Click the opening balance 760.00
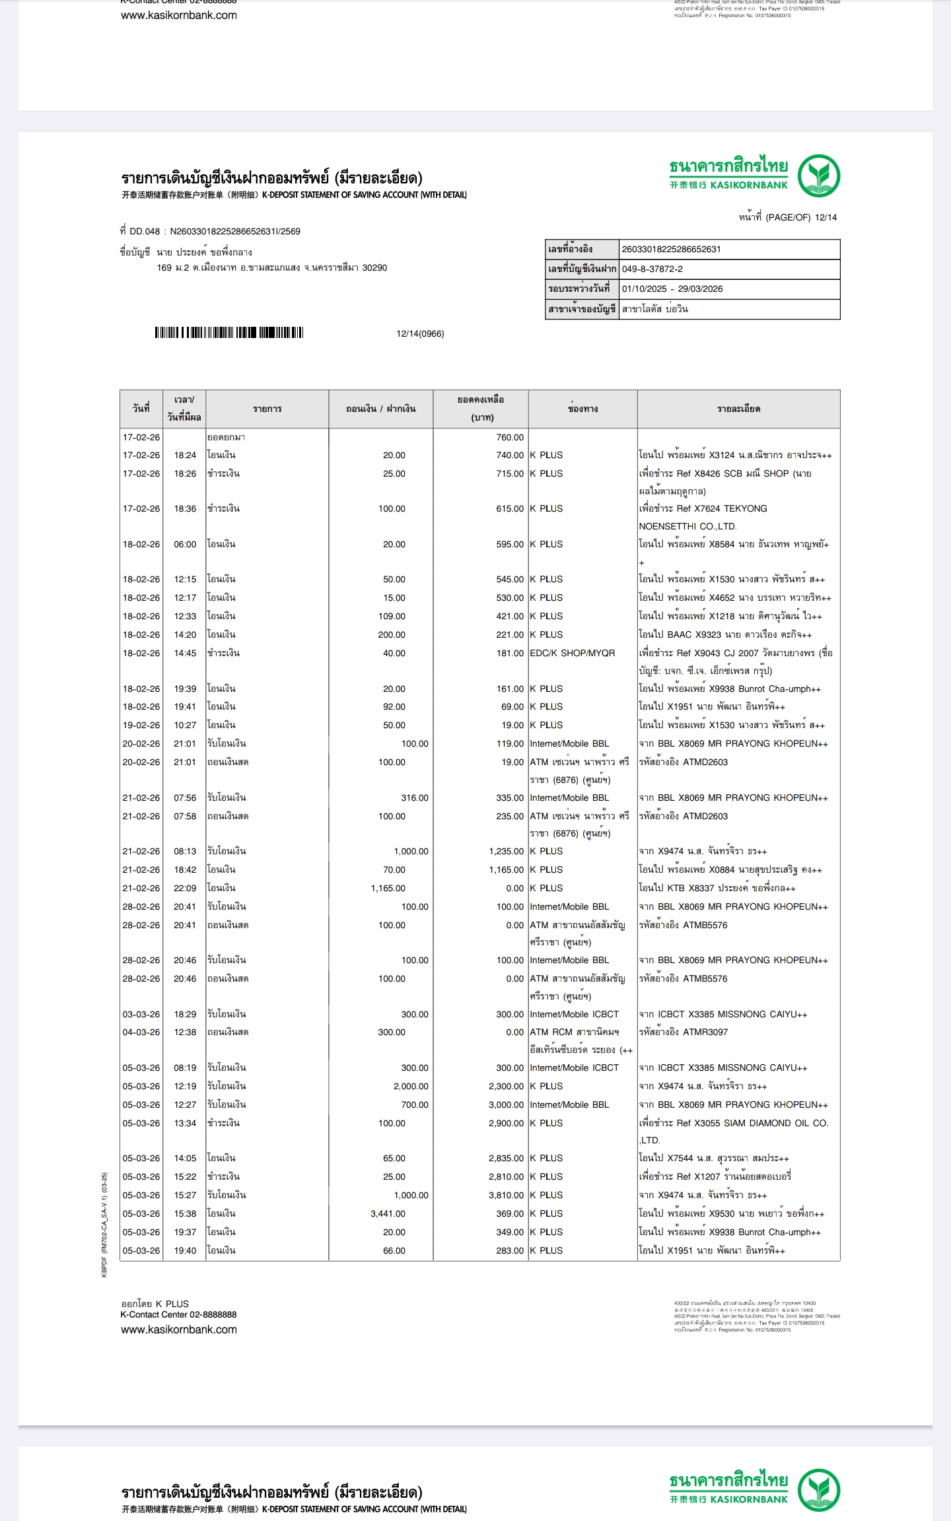tap(510, 437)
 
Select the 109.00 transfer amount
tap(392, 616)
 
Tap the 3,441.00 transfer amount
tap(388, 1213)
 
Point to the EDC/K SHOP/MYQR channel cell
tap(572, 653)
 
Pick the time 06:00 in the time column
tap(185, 544)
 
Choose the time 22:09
tap(185, 888)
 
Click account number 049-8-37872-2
tap(652, 269)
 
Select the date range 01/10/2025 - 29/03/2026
tap(672, 288)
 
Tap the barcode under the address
tap(229, 333)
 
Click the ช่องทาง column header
tap(582, 409)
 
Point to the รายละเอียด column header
tap(738, 409)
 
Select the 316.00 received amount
tap(415, 797)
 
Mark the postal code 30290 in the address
tap(374, 268)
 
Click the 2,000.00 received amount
tap(411, 1086)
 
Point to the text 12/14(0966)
tap(420, 333)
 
